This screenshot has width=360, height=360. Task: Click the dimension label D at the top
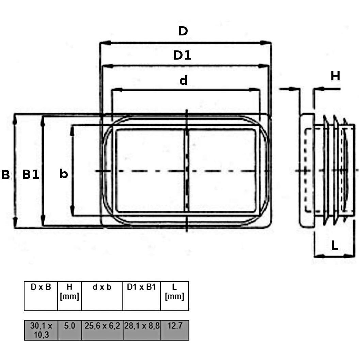183,31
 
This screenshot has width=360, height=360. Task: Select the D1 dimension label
182,55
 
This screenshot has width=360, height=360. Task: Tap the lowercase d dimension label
184,80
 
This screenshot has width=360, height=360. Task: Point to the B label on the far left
5,175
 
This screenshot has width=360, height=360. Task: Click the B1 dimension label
30,175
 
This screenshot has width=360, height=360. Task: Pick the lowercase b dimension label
64,174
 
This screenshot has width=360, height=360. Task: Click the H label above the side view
335,76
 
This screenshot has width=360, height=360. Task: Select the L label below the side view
334,246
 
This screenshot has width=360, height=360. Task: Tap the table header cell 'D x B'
41,287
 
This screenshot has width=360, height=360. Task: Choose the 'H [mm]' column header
69,292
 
